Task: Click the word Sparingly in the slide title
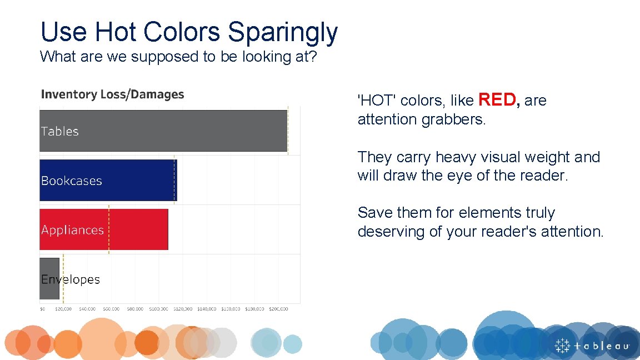[282, 32]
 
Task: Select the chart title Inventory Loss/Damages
[112, 94]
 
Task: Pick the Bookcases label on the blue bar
[72, 181]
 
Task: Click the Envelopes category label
[71, 279]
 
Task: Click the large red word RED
[498, 100]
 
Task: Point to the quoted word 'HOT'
[377, 101]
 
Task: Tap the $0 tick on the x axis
[43, 309]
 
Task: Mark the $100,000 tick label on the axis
[158, 309]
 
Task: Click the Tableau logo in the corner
[592, 345]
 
